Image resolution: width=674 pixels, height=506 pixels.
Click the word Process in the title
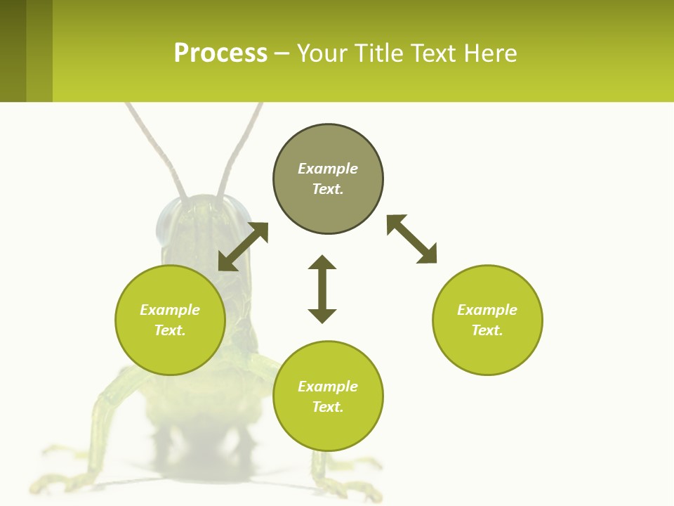tap(220, 53)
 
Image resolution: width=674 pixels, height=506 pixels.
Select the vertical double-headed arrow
tap(322, 289)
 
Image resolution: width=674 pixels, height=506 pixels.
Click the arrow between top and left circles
tap(243, 247)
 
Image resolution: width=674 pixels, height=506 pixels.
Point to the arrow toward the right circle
tap(411, 239)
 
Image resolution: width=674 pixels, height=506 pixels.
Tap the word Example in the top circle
tap(328, 169)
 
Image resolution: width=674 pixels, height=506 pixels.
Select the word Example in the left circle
tap(170, 310)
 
